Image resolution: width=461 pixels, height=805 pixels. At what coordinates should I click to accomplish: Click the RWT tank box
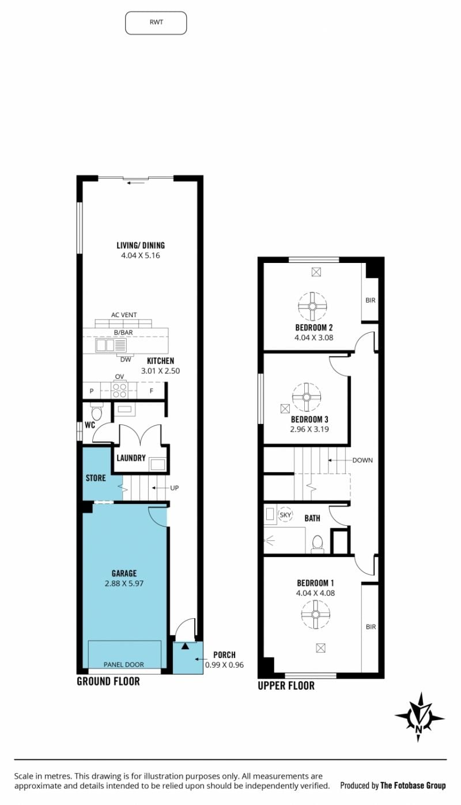tap(156, 22)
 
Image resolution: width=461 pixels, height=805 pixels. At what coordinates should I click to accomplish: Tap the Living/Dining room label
tap(141, 246)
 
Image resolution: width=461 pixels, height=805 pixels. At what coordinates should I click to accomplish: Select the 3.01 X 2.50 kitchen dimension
tap(161, 371)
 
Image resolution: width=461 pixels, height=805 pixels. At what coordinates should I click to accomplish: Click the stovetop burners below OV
tap(119, 390)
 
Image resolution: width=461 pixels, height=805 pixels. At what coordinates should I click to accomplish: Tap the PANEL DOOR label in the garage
tap(124, 664)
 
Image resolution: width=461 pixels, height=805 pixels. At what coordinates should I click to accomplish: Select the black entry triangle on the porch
tap(185, 646)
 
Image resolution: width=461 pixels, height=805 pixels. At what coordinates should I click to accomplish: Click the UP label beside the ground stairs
tap(175, 488)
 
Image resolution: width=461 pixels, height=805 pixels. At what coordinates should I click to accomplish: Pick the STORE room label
tap(96, 478)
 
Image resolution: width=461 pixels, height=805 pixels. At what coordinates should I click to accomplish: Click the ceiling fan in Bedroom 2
tap(312, 306)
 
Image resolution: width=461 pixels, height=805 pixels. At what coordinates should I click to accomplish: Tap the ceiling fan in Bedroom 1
tap(315, 614)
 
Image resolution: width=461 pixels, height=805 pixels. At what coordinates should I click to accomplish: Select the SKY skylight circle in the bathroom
tap(285, 515)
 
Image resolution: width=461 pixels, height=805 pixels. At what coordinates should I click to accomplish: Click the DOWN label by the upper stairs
tap(362, 460)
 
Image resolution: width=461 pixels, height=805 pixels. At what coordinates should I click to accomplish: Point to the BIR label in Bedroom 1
tap(371, 627)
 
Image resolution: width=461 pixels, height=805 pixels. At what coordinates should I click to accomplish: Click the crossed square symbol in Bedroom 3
tap(285, 409)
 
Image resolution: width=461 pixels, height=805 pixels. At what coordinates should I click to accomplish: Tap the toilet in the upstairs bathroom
tap(318, 544)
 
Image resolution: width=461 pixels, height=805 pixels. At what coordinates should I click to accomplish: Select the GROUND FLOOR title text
tap(108, 682)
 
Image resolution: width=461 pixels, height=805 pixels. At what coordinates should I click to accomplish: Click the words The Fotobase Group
tap(413, 786)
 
